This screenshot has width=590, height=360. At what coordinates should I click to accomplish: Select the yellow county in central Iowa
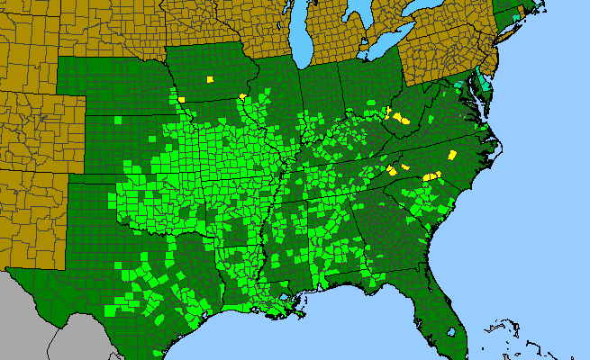coord(210,79)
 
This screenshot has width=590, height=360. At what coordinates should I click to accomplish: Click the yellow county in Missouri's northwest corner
coord(181,97)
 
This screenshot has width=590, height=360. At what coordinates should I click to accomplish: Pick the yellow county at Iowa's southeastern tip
coord(242,96)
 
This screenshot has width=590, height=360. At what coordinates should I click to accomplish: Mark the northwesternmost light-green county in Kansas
coord(117,119)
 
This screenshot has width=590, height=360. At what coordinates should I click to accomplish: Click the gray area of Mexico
coord(36,324)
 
